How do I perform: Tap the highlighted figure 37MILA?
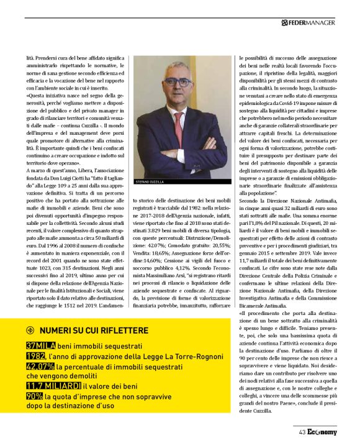coord(38,345)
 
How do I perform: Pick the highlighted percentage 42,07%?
coord(40,367)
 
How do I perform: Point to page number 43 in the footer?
coord(302,433)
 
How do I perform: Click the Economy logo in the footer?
coord(322,433)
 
